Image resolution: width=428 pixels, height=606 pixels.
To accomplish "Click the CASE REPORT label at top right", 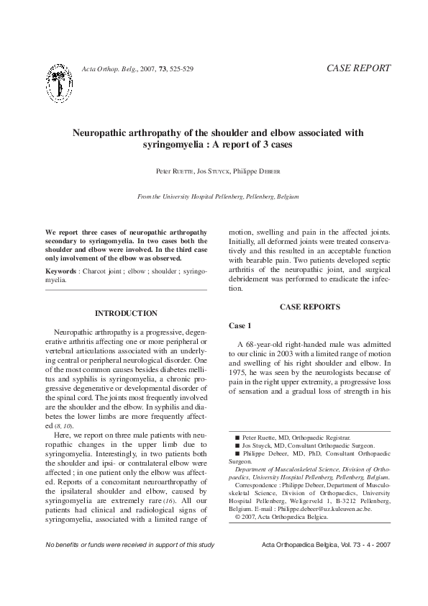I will coord(358,68).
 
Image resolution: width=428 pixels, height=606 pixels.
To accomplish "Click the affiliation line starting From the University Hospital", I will coord(217,196).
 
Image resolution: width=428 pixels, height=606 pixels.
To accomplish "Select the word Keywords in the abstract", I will coord(60,271).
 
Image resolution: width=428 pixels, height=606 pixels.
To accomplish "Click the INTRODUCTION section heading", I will coord(126,313).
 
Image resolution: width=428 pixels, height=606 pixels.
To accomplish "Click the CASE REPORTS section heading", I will coord(309,307).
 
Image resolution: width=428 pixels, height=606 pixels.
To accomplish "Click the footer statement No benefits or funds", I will coord(129,543).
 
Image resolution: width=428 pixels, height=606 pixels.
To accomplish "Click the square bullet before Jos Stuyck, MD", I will coord(238,446).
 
